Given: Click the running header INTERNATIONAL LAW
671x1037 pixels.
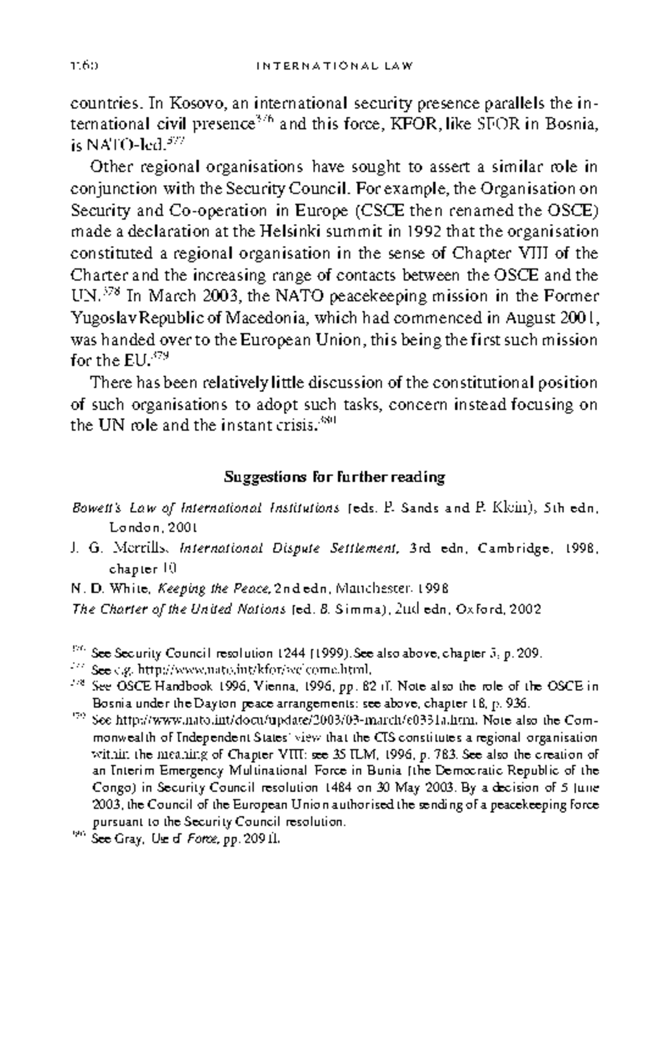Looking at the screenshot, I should [334, 66].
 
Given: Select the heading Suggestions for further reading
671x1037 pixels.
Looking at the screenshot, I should [334, 477].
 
